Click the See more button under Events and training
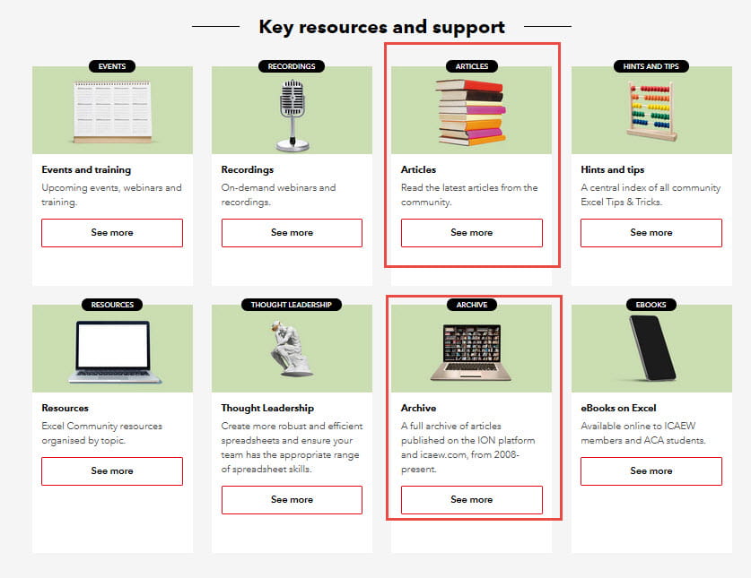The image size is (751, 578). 112,233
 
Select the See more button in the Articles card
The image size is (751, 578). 472,233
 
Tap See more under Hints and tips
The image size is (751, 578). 651,233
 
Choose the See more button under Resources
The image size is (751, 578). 112,471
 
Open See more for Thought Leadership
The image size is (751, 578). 292,500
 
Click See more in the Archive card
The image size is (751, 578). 472,500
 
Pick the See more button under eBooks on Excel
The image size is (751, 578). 651,471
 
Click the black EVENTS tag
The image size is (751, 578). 112,66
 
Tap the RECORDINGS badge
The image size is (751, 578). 292,66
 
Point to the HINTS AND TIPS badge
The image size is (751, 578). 651,66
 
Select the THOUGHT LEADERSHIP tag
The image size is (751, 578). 292,305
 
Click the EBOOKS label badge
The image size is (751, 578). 651,305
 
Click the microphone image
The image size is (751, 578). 293,116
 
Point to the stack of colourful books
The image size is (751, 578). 471,112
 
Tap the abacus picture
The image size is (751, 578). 651,111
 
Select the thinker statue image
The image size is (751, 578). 290,349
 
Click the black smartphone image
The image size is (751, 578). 652,348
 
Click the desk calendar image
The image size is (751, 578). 112,112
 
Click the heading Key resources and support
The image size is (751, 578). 381,27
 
